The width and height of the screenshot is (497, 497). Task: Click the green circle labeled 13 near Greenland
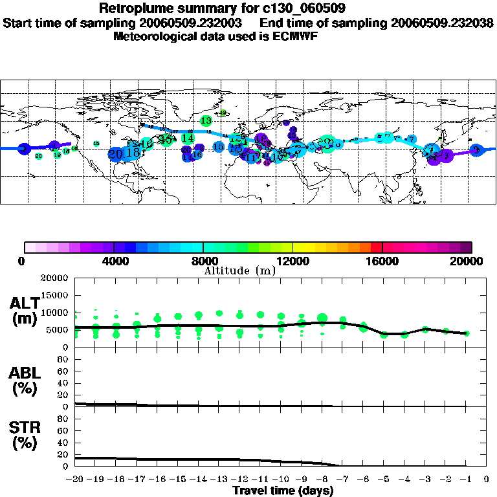point(206,120)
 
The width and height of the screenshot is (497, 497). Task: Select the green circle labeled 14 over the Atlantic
point(188,138)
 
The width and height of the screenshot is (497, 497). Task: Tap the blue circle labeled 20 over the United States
point(116,154)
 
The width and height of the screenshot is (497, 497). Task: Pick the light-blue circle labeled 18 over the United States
point(132,152)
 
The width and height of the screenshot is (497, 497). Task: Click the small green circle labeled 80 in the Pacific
point(39,156)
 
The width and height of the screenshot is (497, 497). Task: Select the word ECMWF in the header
point(296,36)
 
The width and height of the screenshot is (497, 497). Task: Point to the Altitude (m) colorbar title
point(240,271)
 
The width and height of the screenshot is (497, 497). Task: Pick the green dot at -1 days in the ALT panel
point(466,333)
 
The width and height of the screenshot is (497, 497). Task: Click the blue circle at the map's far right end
point(477,150)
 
